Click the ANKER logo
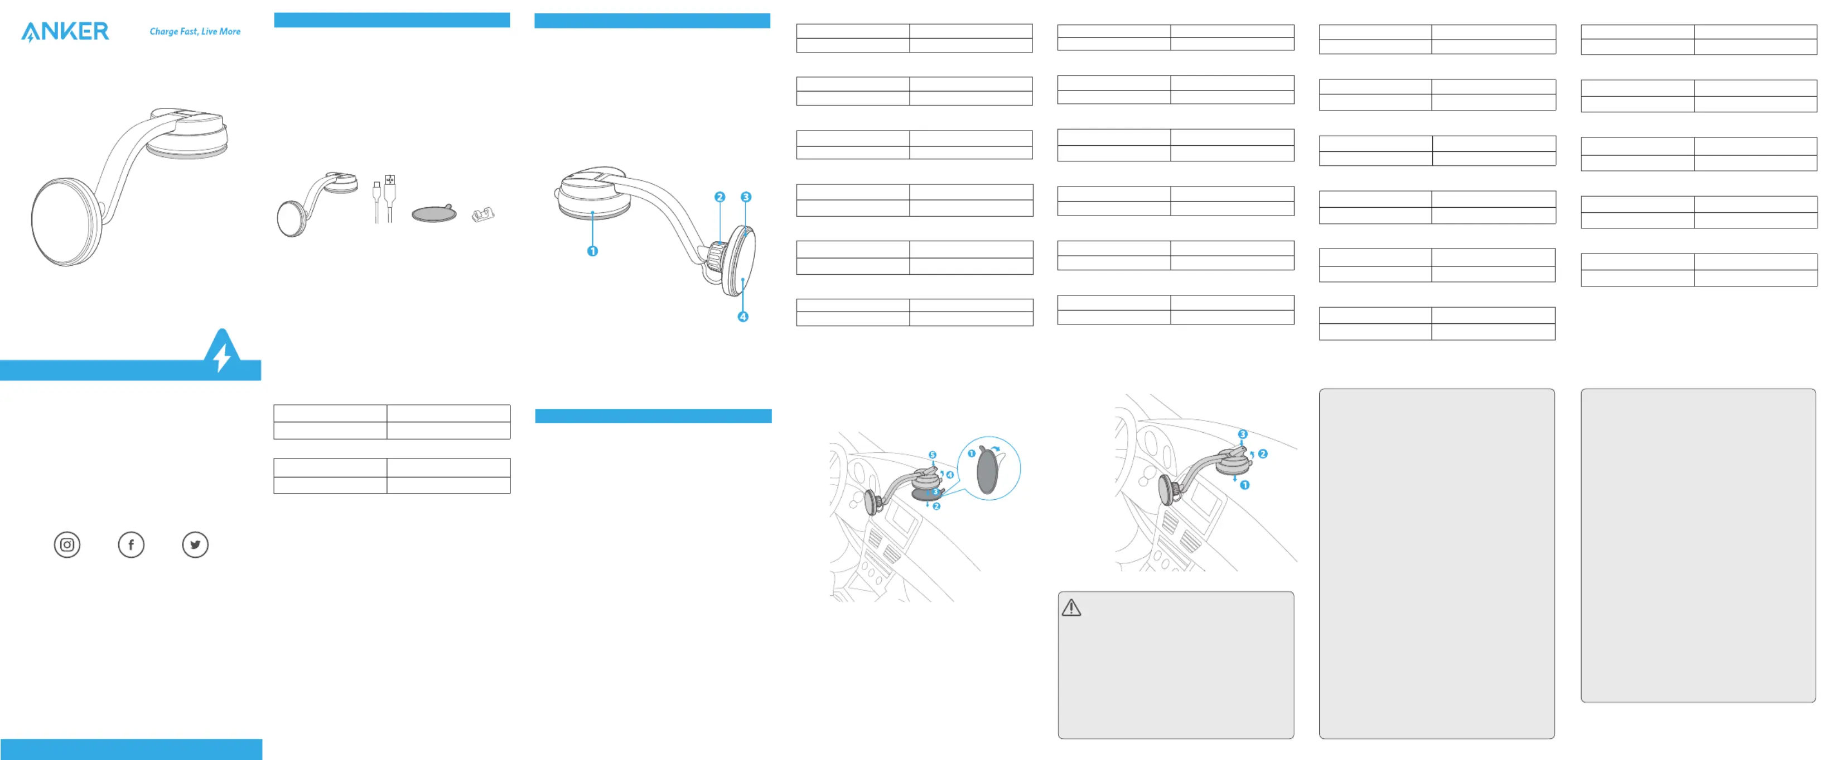coord(65,31)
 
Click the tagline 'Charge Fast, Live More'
coord(195,31)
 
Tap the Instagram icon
coord(67,544)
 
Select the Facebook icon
coord(131,544)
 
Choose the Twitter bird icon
coord(195,544)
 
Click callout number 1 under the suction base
coord(592,251)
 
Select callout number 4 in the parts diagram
coord(743,317)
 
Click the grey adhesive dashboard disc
coord(434,213)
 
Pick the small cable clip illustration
coord(483,214)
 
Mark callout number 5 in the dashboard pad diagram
coord(932,455)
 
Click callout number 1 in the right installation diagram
coord(1244,485)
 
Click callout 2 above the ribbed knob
coord(720,197)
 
